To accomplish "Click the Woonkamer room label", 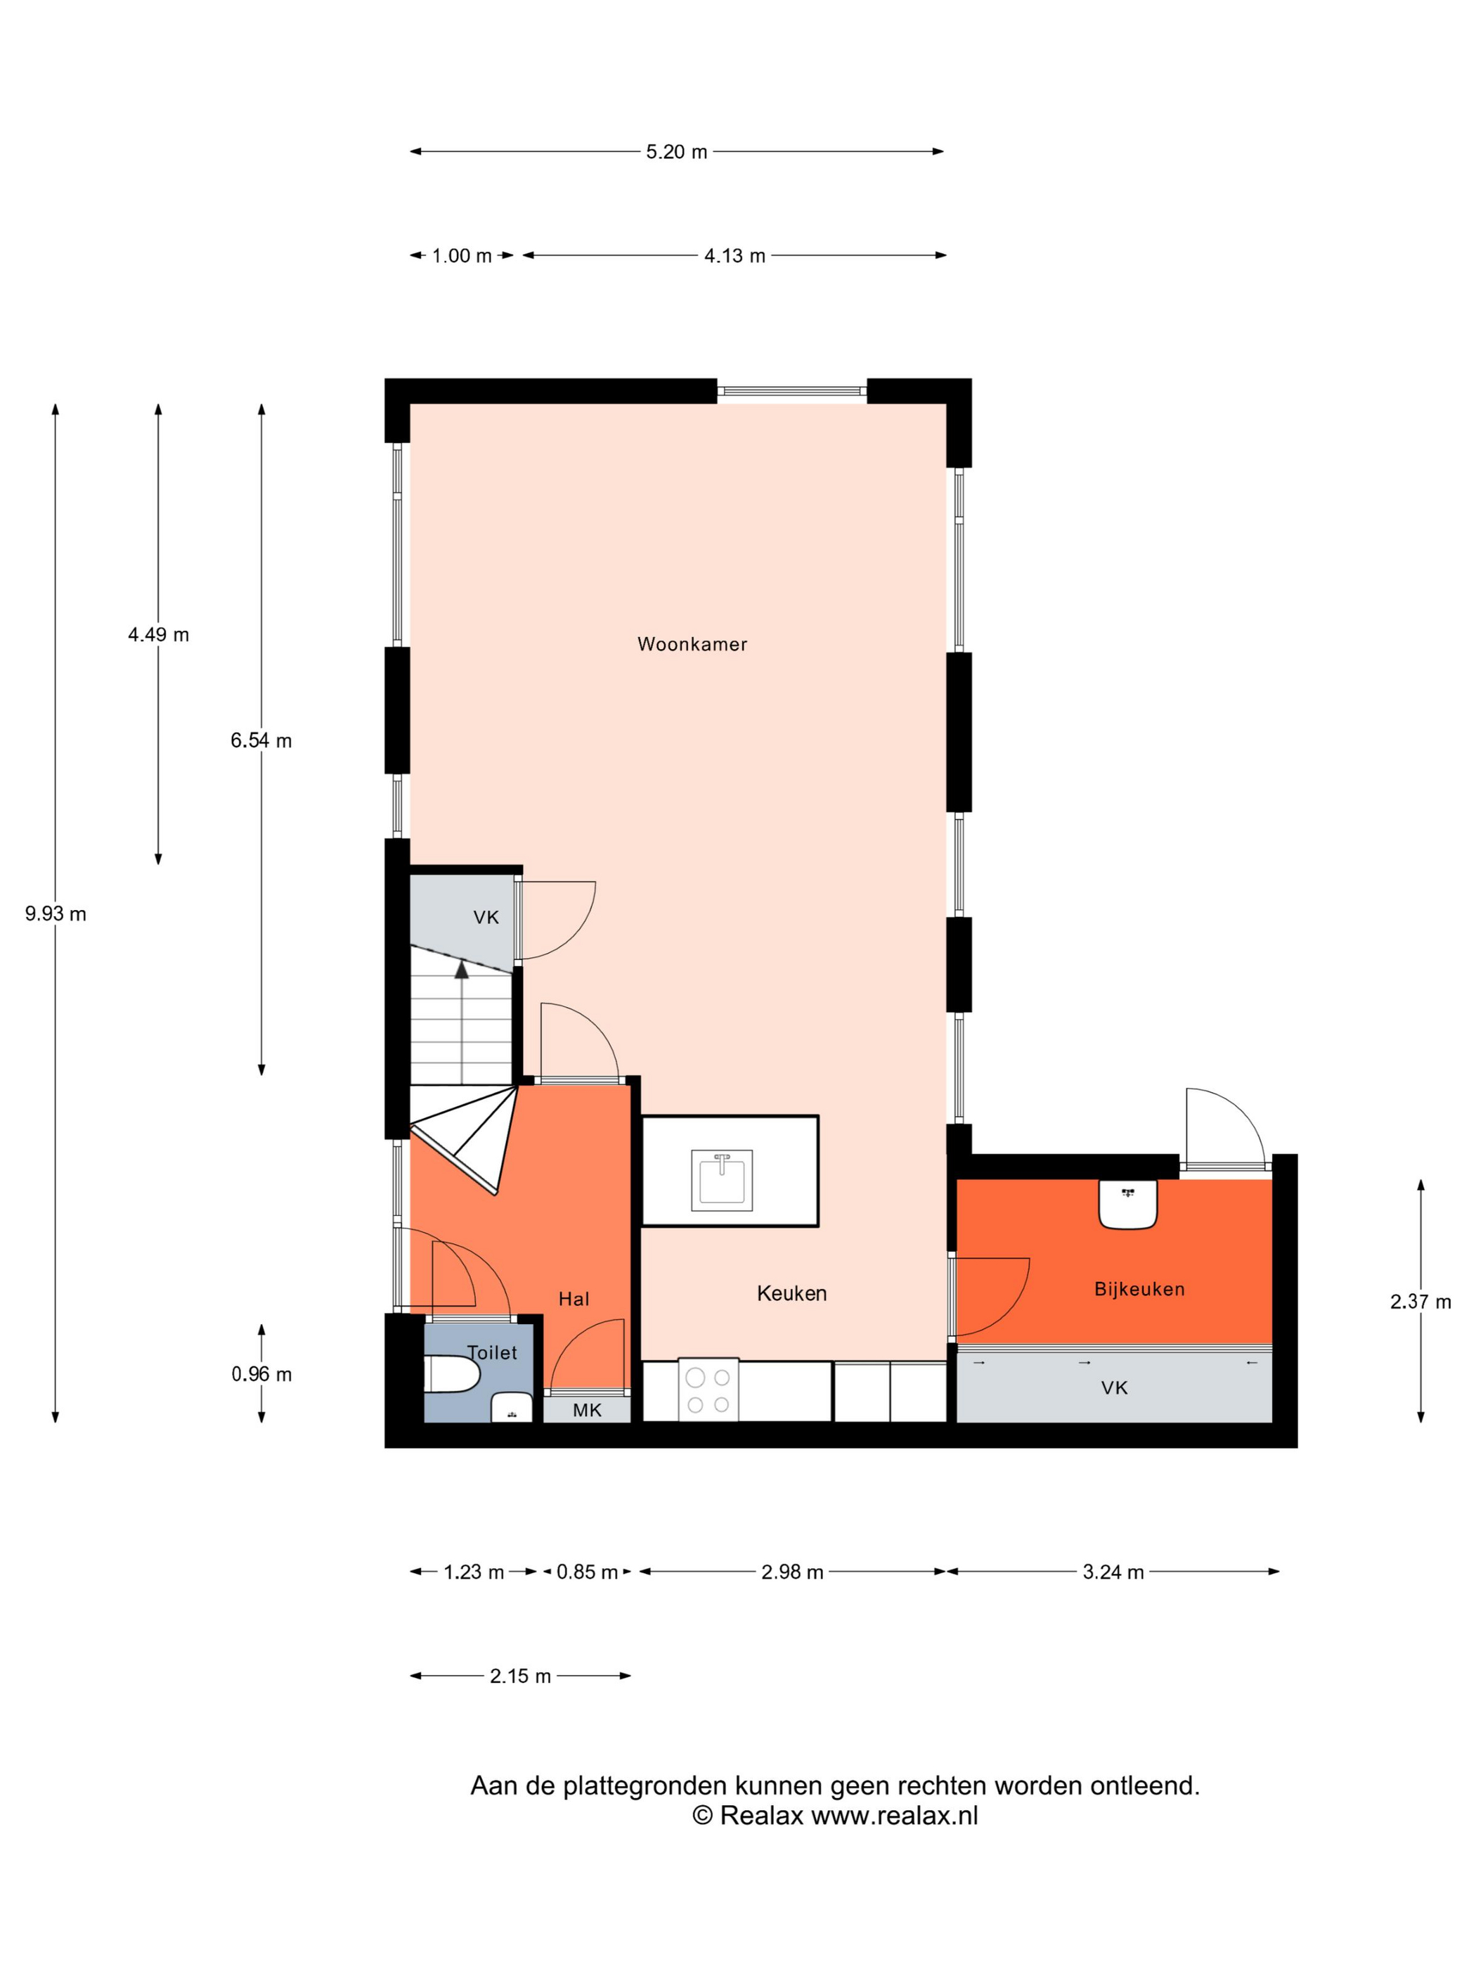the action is click(692, 643).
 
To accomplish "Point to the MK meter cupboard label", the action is click(586, 1409).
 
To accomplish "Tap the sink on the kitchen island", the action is click(722, 1179).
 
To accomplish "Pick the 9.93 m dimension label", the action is click(55, 913).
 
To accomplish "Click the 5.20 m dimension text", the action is click(676, 151).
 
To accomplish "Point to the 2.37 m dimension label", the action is click(1420, 1302).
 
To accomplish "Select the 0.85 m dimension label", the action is click(587, 1572).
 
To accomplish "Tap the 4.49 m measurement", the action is click(158, 635).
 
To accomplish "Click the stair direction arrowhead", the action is click(461, 969).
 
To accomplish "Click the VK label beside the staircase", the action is click(486, 917).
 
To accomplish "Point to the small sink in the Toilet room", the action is click(512, 1407).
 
